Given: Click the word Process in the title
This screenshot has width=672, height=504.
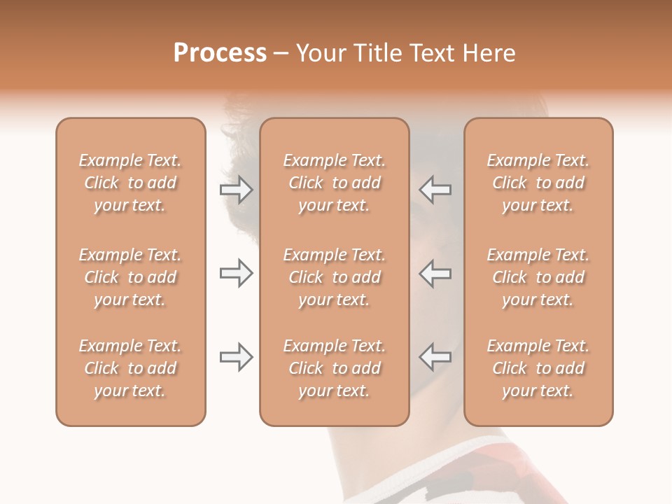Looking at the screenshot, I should pyautogui.click(x=220, y=53).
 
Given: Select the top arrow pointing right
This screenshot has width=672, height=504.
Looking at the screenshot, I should pyautogui.click(x=236, y=190).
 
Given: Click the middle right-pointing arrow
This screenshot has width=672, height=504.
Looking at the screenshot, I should pyautogui.click(x=236, y=273).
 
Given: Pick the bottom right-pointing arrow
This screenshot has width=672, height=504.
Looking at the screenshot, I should pyautogui.click(x=236, y=357).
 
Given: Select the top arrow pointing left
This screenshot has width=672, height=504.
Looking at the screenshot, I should pyautogui.click(x=435, y=190).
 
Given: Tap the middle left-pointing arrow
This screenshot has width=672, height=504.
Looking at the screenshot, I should pyautogui.click(x=435, y=273).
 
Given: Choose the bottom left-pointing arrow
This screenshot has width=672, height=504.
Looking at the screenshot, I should pyautogui.click(x=435, y=357).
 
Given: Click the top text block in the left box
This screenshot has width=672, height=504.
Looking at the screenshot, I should pyautogui.click(x=130, y=183).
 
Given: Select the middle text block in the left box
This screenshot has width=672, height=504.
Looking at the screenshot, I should pyautogui.click(x=130, y=277).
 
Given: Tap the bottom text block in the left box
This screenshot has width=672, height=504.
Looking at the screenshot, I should pyautogui.click(x=130, y=368).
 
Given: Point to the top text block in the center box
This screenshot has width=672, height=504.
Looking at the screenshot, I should pyautogui.click(x=335, y=183).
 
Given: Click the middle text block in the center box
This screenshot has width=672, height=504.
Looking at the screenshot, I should pyautogui.click(x=335, y=277).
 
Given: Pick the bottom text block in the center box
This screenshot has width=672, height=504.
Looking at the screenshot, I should pyautogui.click(x=335, y=368).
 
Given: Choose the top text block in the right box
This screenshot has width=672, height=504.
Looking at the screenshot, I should pyautogui.click(x=538, y=183).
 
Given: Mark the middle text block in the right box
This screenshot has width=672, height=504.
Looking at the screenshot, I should pyautogui.click(x=538, y=277).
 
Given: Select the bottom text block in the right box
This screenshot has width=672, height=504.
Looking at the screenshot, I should pyautogui.click(x=538, y=368).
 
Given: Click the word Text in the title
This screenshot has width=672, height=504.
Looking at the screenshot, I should pyautogui.click(x=430, y=53).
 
